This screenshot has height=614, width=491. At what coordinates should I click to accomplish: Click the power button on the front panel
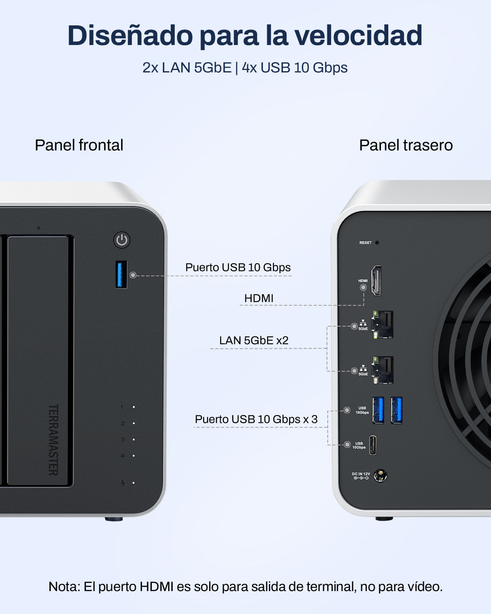point(122,240)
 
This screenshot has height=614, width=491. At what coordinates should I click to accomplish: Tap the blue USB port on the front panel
point(121,275)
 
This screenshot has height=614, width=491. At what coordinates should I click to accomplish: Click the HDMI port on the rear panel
point(376,280)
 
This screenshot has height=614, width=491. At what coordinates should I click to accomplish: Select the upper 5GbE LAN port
point(382,325)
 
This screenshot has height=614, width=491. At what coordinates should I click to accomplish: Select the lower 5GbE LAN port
point(382,370)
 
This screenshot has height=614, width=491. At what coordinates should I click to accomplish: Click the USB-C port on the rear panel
point(373,445)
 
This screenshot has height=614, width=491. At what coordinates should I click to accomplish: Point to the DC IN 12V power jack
point(380,476)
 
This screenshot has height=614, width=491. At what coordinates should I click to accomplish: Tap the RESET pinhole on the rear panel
point(377,243)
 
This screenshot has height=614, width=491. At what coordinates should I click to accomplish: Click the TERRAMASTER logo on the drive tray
point(53,440)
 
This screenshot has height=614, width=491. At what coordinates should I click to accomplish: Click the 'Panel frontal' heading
point(79,145)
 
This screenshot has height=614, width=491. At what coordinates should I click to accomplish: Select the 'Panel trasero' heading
point(406,145)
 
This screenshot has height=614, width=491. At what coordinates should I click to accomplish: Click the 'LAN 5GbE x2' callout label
point(254,341)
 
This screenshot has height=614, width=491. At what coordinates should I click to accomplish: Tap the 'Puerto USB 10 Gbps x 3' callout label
point(256,419)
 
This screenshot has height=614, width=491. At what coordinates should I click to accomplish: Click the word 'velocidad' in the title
point(358,35)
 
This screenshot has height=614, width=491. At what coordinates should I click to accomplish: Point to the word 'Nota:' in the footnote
point(65,587)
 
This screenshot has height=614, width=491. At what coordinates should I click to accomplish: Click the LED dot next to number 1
point(134,407)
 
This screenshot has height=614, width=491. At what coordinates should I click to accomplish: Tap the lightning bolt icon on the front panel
point(123,483)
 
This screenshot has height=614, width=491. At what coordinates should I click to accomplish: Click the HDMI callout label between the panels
point(259,298)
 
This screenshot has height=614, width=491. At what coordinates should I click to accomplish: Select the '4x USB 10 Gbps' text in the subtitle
point(295,68)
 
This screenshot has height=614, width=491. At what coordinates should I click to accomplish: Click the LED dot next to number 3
point(134,440)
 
